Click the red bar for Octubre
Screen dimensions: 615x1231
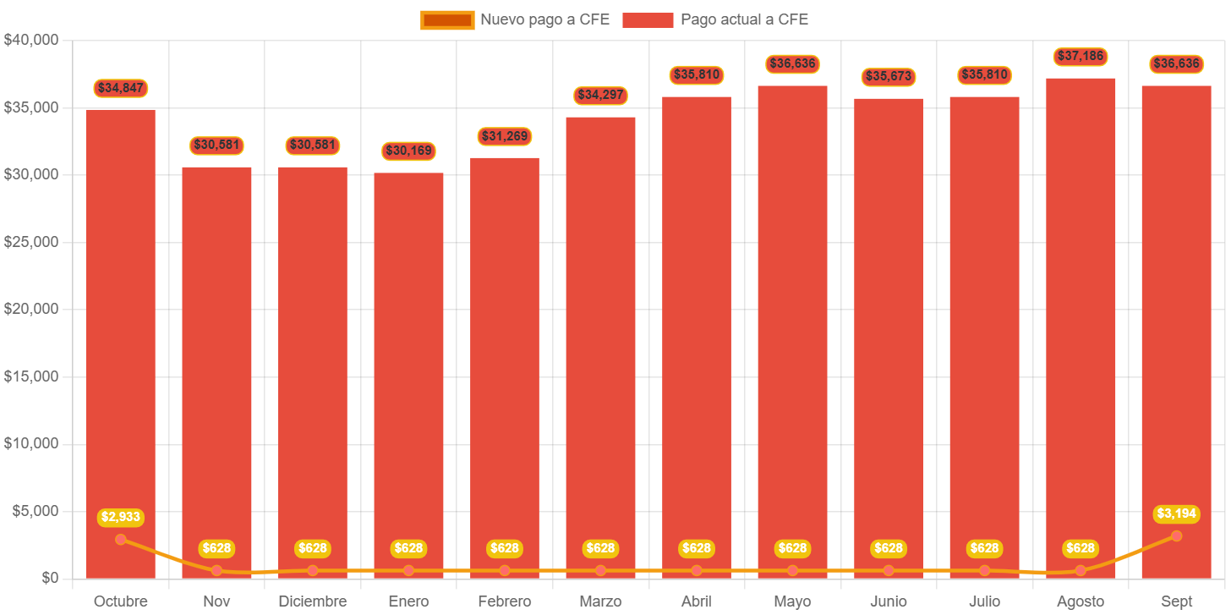point(121,338)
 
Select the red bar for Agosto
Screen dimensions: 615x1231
point(1081,321)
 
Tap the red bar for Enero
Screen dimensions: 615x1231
point(408,372)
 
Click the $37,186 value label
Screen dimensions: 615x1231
point(1081,57)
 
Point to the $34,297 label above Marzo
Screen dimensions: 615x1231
point(600,95)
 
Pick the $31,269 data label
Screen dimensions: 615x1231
point(505,136)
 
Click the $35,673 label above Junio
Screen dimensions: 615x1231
point(889,76)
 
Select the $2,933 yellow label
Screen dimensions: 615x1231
point(121,517)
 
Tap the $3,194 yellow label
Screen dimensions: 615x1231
point(1176,513)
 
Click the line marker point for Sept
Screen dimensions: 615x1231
point(1176,535)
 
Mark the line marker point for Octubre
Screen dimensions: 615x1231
point(121,539)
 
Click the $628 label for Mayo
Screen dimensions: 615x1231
point(792,548)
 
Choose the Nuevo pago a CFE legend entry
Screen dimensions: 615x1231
point(516,19)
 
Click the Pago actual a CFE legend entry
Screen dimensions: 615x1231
point(715,19)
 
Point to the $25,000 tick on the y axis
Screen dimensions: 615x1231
point(30,242)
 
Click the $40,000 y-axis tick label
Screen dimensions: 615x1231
point(30,40)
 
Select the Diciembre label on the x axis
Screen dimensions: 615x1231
point(313,601)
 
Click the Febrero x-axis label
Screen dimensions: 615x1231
point(505,601)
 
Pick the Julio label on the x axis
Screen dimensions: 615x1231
point(984,601)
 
